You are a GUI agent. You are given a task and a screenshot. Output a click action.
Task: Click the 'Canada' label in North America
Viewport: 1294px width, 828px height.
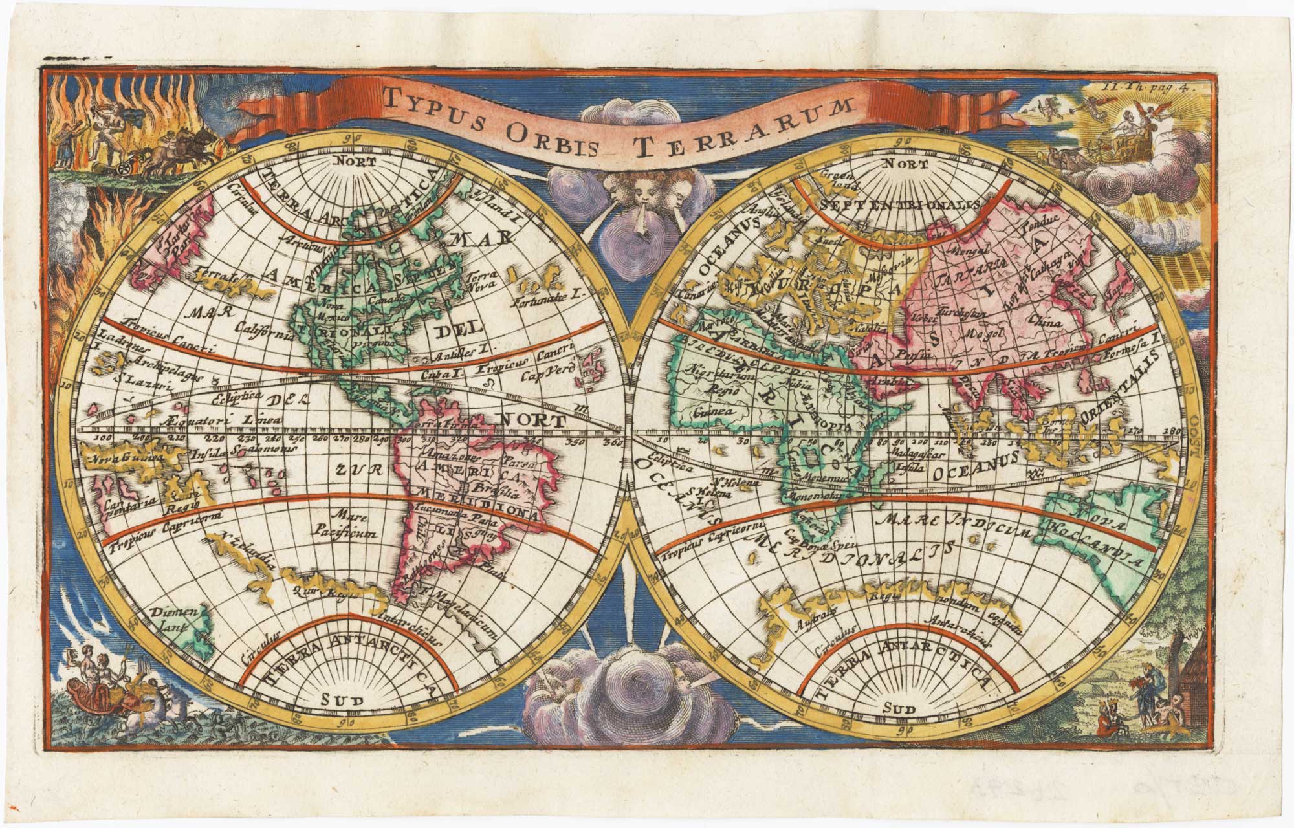pos(388,300)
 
